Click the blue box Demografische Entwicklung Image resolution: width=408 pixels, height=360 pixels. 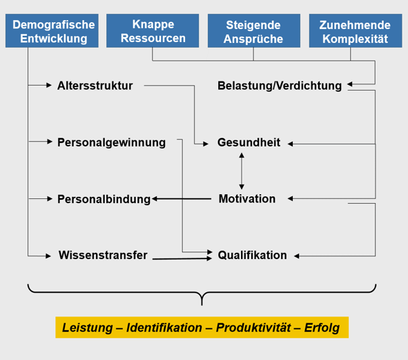(x=52, y=30)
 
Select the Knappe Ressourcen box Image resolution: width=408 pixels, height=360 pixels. (x=153, y=30)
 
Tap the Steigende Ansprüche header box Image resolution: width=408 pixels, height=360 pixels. (x=254, y=30)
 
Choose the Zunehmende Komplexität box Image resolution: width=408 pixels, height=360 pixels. (x=356, y=30)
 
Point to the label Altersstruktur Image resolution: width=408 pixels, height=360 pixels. (x=95, y=86)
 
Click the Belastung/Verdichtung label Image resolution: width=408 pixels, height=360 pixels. (x=280, y=86)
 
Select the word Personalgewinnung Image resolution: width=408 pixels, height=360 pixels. (x=111, y=143)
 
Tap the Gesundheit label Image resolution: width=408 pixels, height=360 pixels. (x=249, y=142)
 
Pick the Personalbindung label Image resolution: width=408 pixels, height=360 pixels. (x=104, y=199)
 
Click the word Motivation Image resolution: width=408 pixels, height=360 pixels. (x=247, y=199)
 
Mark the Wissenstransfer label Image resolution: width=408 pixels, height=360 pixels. (x=103, y=255)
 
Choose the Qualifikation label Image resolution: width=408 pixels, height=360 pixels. (x=253, y=255)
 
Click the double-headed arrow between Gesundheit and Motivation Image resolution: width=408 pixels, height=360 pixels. (x=242, y=171)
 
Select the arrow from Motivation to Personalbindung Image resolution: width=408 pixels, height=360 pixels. (x=182, y=199)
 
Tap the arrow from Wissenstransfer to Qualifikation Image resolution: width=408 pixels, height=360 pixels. (x=182, y=258)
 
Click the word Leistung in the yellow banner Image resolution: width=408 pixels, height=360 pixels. (x=88, y=328)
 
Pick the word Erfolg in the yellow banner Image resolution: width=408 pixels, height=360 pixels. (x=322, y=328)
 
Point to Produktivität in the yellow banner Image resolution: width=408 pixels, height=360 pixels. (x=253, y=328)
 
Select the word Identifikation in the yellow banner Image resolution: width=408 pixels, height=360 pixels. (x=164, y=328)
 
